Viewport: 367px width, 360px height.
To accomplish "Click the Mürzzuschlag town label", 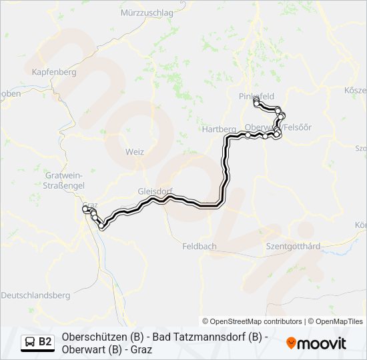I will pyautogui.click(x=147, y=13).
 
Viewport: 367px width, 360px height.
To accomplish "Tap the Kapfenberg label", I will pyautogui.click(x=53, y=71).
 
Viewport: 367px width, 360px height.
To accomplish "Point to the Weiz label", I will pyautogui.click(x=134, y=152).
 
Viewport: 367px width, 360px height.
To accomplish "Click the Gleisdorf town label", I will pyautogui.click(x=155, y=190).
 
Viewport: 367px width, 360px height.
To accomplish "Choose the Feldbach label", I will pyautogui.click(x=200, y=246).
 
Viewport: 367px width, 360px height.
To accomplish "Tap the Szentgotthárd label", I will pyautogui.click(x=293, y=246).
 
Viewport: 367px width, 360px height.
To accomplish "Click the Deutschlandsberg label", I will pyautogui.click(x=35, y=295).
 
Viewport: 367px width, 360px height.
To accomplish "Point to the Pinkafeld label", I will pyautogui.click(x=256, y=96).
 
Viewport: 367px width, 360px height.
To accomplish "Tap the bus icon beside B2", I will pyautogui.click(x=30, y=342).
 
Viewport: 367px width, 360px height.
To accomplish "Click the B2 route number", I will pyautogui.click(x=45, y=342).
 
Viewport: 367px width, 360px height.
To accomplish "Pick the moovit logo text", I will pyautogui.click(x=322, y=343).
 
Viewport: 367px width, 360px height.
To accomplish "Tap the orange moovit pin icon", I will pyautogui.click(x=291, y=343).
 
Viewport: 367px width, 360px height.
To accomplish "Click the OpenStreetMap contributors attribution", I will pyautogui.click(x=252, y=321).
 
